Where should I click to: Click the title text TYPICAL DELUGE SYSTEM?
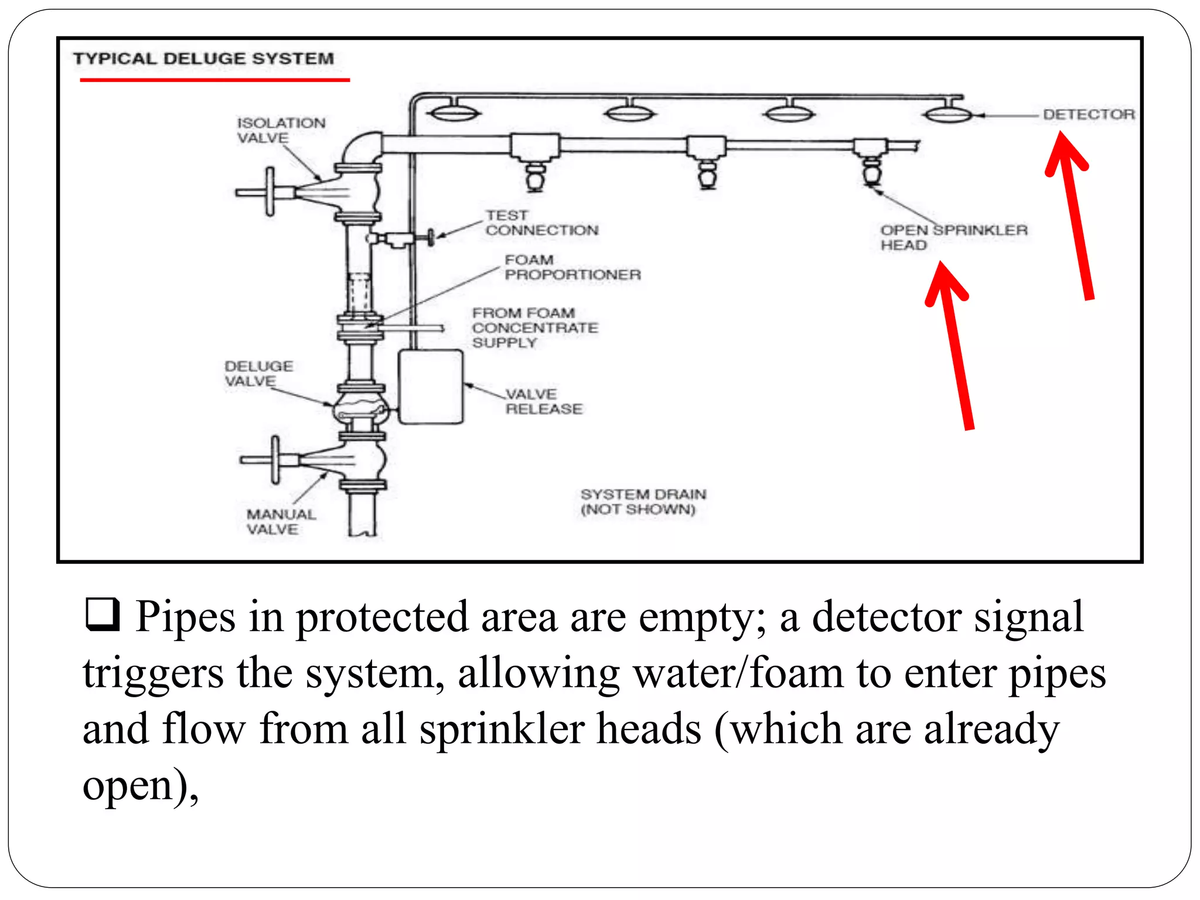pos(203,59)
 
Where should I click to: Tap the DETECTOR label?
pos(1088,114)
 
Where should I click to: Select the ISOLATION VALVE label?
pos(280,130)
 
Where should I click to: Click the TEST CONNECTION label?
pos(541,223)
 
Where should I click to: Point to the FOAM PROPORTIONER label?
pos(572,267)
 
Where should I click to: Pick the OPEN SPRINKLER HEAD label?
pos(953,237)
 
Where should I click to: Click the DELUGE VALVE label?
pos(258,373)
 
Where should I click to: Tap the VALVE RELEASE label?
pos(543,401)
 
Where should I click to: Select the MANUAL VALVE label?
pos(280,521)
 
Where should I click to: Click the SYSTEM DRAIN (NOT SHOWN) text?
pos(643,502)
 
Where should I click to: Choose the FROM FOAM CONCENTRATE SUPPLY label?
pos(534,328)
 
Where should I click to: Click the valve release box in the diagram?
pos(431,387)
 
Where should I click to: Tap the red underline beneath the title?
pos(214,80)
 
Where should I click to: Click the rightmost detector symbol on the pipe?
pos(948,113)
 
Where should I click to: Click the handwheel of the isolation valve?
pos(270,192)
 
